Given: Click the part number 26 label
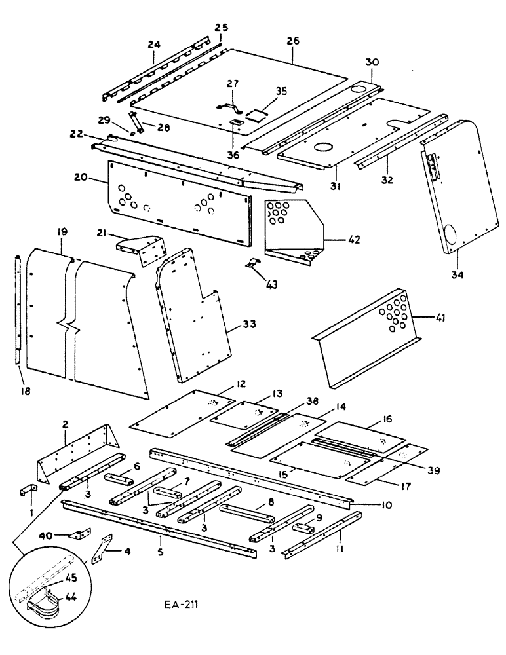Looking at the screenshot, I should coord(292,41).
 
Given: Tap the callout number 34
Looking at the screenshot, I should coord(457,275).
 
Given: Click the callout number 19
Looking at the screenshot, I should coord(62,232).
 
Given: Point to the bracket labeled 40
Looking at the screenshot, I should coord(81,534).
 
